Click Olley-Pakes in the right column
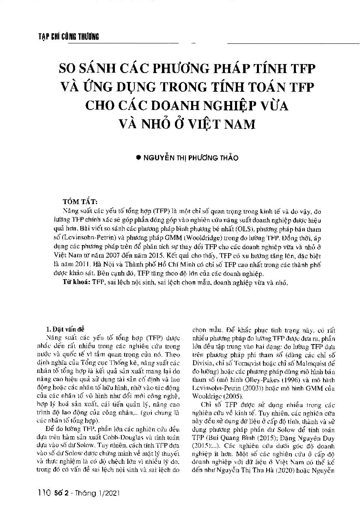(243, 380)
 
